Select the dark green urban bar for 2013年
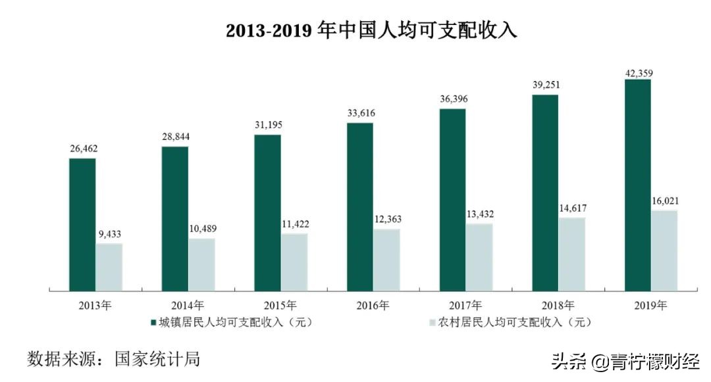coord(82,224)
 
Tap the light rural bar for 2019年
coord(664,250)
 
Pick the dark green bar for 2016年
coord(360,206)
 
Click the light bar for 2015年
coord(294,261)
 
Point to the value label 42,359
coord(637,72)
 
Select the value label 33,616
coord(360,114)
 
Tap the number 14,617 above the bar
coord(571,208)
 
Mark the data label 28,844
coord(175,137)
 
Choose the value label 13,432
coord(479,214)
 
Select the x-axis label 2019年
coord(651,305)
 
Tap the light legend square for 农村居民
coord(433,322)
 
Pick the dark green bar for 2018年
coord(545,192)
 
